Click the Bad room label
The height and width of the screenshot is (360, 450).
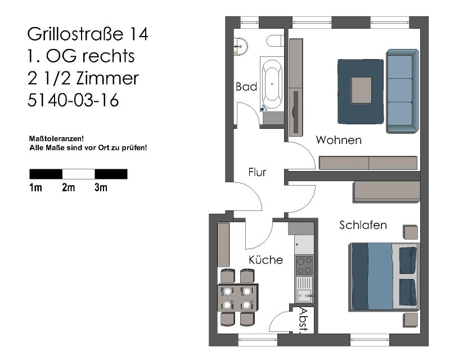click(x=246, y=87)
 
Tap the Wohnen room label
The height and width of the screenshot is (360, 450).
click(x=339, y=140)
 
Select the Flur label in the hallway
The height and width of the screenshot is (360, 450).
click(x=257, y=172)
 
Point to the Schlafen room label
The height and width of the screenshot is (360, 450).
click(x=363, y=225)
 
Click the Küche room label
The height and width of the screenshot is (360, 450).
click(x=265, y=259)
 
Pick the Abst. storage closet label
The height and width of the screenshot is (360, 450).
click(x=304, y=320)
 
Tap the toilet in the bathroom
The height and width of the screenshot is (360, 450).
click(x=275, y=40)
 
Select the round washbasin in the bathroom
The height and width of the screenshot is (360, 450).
click(x=240, y=47)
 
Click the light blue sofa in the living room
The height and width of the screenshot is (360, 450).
click(x=402, y=91)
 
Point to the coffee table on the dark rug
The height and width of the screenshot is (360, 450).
click(x=361, y=91)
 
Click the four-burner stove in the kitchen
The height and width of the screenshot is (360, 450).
click(x=304, y=265)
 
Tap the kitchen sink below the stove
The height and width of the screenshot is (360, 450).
click(x=304, y=289)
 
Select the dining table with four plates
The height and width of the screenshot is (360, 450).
click(x=237, y=298)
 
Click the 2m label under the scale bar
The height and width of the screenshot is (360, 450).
click(x=68, y=187)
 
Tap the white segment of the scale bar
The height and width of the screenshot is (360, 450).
click(x=79, y=174)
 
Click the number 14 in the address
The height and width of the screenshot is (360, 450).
click(x=139, y=34)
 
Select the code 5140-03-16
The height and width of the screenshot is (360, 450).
click(x=73, y=100)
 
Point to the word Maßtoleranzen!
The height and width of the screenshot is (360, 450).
click(x=57, y=139)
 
